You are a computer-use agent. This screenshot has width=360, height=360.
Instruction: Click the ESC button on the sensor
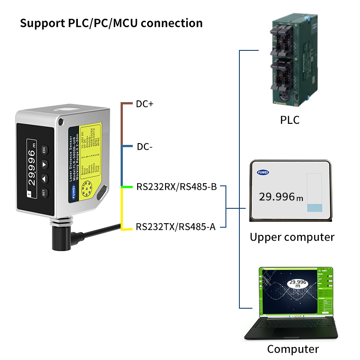45,150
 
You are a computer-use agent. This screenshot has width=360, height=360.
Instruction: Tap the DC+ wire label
144,104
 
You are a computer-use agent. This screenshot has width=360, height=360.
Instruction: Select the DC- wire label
145,147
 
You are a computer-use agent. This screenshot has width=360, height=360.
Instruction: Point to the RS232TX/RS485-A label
175,227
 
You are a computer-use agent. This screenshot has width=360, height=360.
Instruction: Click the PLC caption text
289,120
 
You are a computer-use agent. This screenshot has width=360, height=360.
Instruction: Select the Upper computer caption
292,237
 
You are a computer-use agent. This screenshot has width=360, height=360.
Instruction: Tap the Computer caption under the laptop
292,349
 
